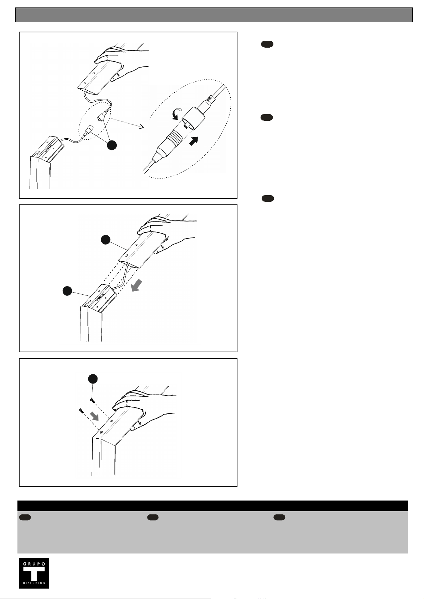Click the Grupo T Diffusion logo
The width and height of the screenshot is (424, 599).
click(34, 573)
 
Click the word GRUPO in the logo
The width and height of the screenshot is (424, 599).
click(34, 564)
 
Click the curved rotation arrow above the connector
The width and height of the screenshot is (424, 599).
click(176, 113)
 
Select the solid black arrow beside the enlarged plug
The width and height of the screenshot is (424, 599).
click(194, 141)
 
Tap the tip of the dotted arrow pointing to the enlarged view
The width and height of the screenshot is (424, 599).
click(144, 127)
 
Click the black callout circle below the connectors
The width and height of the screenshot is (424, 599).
click(112, 145)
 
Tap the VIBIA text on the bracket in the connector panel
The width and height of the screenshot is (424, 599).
click(47, 151)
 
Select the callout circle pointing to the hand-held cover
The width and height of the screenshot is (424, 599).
click(105, 240)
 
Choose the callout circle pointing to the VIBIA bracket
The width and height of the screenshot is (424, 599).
click(67, 291)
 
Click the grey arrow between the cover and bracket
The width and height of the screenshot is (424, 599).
click(136, 285)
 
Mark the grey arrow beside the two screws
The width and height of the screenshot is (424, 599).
click(94, 416)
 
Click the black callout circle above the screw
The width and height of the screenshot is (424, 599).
click(93, 379)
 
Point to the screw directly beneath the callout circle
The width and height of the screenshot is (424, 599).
click(93, 400)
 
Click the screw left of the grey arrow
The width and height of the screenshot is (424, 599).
click(81, 411)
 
